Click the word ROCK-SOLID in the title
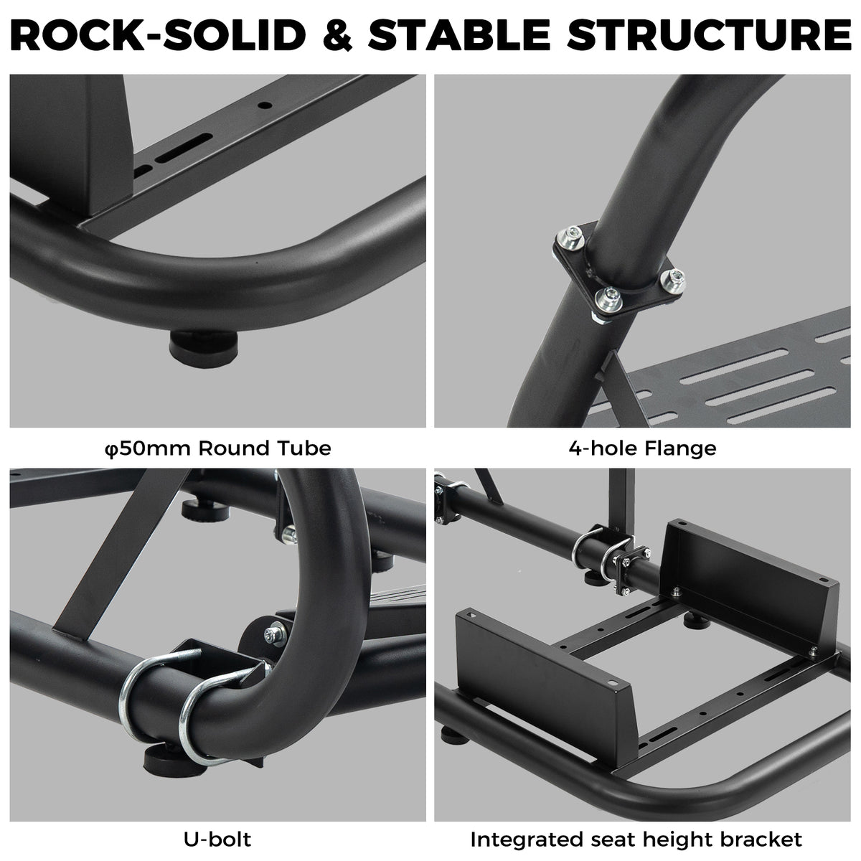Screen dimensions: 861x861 pos(158,35)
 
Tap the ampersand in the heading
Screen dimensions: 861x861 pos(337,35)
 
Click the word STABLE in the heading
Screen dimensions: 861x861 pos(459,35)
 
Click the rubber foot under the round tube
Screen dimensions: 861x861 pos(203,348)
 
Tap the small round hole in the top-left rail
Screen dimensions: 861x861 pos(265,106)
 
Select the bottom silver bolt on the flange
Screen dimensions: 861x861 pos(608,298)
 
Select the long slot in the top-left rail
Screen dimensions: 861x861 pos(184,148)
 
